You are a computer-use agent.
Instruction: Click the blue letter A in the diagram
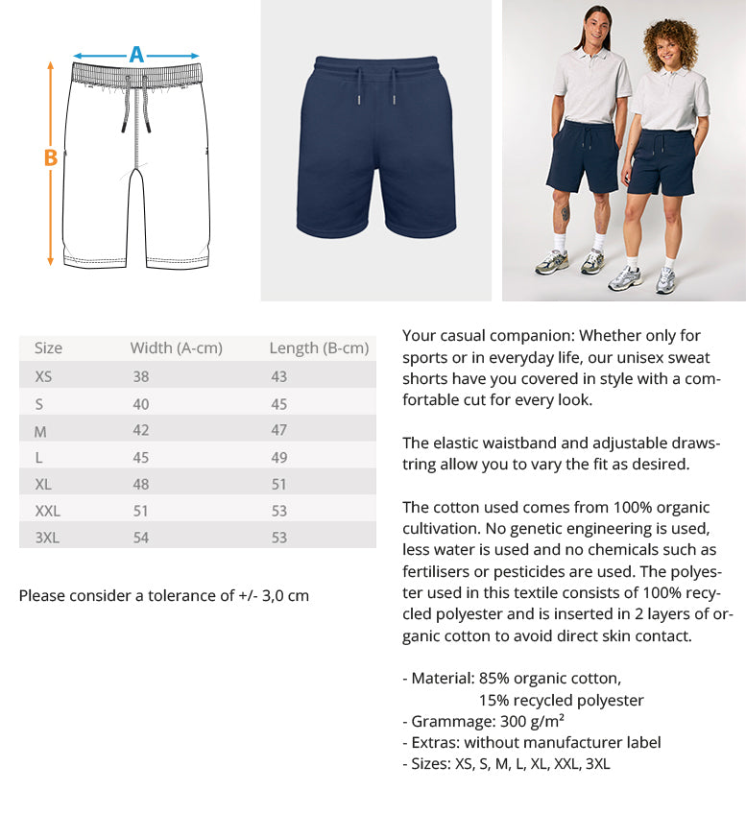click(136, 55)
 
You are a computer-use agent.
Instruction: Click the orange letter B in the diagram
click(51, 158)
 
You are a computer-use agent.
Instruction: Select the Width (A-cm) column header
click(176, 348)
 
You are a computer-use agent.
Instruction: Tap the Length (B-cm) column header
click(319, 348)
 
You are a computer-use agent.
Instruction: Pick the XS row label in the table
click(43, 376)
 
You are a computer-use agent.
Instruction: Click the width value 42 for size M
click(141, 431)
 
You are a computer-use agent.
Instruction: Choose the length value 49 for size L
click(278, 458)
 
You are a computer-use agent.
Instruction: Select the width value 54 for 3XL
click(141, 538)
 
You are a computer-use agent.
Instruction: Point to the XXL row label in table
click(47, 511)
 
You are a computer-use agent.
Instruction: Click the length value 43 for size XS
click(278, 376)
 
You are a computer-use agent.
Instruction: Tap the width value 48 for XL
click(141, 484)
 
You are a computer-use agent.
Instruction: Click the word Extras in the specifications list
click(434, 743)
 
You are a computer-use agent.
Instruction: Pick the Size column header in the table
click(48, 348)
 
